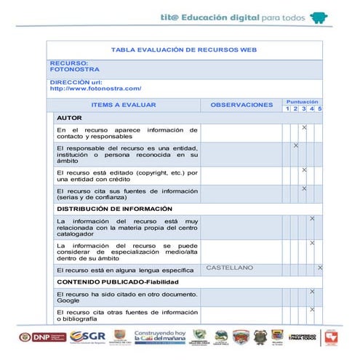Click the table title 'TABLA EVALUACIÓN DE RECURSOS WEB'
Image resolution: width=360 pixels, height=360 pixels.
[184, 49]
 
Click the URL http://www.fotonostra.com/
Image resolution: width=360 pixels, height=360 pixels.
[95, 89]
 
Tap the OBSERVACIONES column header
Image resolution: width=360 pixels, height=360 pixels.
[241, 105]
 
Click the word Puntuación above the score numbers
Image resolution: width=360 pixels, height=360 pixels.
[303, 102]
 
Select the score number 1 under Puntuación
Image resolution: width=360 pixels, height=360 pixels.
[287, 109]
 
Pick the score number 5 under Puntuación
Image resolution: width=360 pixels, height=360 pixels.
[319, 109]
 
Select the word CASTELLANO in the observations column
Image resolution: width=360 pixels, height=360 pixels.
[230, 268]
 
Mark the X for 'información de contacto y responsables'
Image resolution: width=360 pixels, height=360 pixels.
[304, 128]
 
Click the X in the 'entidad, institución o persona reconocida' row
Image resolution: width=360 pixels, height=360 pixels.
[296, 145]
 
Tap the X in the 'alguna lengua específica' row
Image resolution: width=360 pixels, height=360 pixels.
[320, 268]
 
